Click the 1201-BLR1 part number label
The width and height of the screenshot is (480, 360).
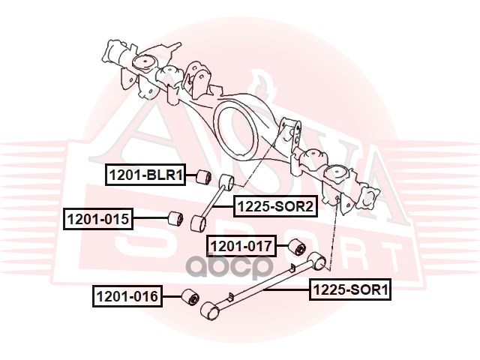145,175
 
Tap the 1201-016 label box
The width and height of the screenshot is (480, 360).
127,297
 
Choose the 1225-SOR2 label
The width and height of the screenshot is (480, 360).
274,206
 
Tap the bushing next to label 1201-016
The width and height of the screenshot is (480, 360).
190,297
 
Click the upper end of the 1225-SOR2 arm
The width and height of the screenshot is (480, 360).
226,182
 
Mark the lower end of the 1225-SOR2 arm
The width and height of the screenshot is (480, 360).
199,223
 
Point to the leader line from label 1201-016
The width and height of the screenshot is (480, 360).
171,297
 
